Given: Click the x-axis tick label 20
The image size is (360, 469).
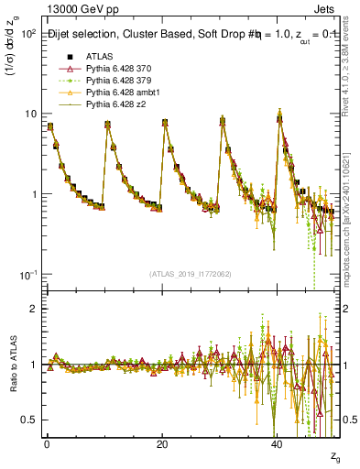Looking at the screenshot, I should [x=161, y=444].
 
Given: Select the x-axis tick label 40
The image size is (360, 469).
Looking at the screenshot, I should [x=277, y=444].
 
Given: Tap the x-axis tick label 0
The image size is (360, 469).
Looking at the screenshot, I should [x=47, y=444].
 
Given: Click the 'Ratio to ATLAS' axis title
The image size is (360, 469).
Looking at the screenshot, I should [x=11, y=365].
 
